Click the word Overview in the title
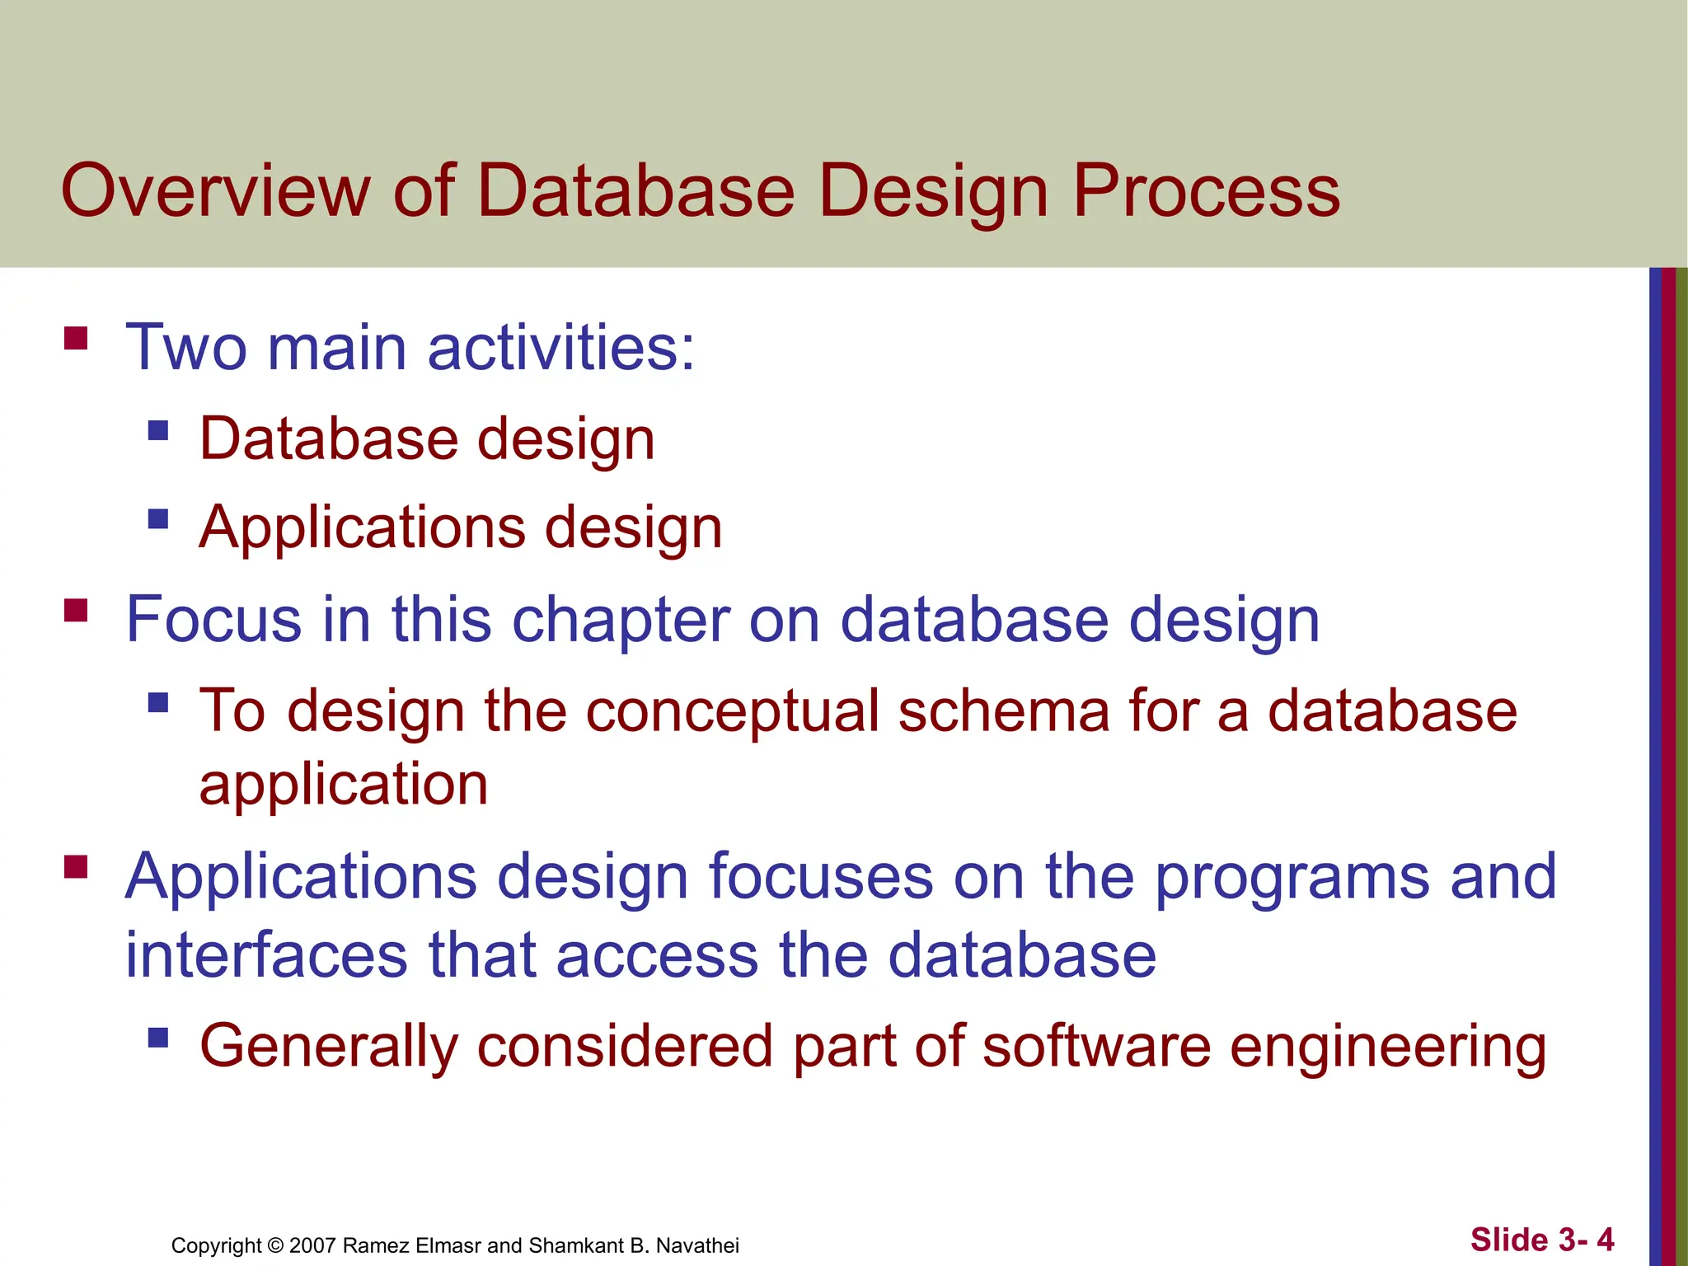[215, 190]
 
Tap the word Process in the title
[1206, 190]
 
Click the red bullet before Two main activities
[76, 339]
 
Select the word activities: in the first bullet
[561, 347]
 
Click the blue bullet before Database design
[158, 430]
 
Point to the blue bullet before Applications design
[158, 518]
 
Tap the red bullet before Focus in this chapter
[76, 611]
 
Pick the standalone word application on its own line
[344, 785]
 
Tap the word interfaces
[266, 955]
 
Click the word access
[657, 955]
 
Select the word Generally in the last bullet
[328, 1047]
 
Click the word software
[1096, 1047]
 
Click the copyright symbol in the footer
[275, 1245]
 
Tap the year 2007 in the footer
[312, 1245]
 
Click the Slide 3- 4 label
[1541, 1240]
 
